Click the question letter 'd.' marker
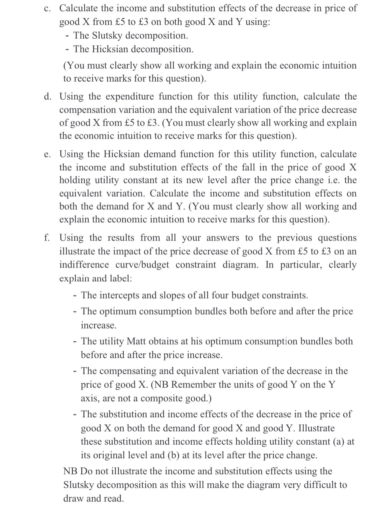[48, 97]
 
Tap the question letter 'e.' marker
[47, 154]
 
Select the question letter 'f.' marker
[47, 238]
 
